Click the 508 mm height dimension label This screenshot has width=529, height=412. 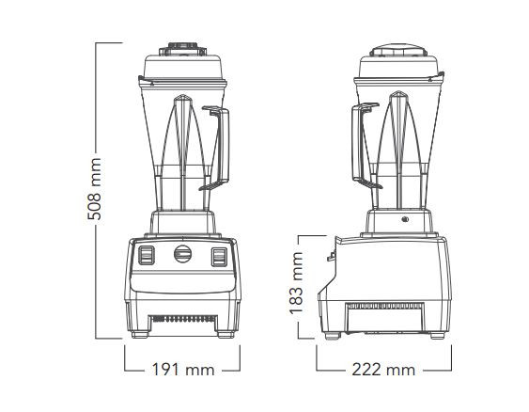[x=94, y=189]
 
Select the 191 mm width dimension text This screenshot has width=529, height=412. [x=183, y=370]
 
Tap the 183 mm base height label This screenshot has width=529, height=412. [x=296, y=288]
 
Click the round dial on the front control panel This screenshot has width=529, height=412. [x=183, y=254]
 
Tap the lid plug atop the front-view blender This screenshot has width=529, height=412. [x=183, y=45]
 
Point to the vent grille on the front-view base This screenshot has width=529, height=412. [x=183, y=320]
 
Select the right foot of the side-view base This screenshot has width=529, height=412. [x=438, y=336]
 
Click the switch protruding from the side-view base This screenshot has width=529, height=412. [x=330, y=254]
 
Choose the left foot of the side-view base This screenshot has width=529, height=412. [x=331, y=336]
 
